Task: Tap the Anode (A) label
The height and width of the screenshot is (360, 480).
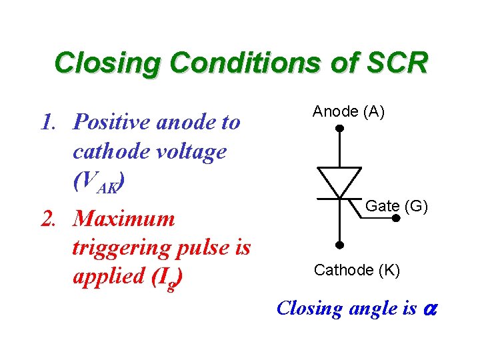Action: click(348, 111)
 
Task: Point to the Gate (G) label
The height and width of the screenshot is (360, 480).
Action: click(396, 206)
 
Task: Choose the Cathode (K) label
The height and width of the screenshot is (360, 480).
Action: click(357, 270)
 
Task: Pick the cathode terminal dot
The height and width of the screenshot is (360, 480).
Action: click(339, 247)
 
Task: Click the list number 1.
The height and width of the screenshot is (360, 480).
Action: click(47, 123)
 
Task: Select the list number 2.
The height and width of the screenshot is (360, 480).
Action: click(47, 219)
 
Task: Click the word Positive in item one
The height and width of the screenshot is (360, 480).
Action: click(112, 122)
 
